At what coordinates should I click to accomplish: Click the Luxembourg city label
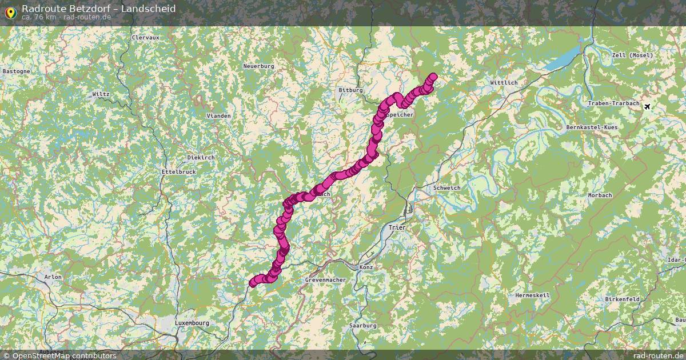192,323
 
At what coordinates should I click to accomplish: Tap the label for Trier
397,227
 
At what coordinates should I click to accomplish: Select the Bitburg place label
350,90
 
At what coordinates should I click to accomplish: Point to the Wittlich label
504,83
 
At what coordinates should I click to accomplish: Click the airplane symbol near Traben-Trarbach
647,106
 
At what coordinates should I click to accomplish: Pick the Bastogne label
16,71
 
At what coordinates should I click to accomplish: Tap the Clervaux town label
145,37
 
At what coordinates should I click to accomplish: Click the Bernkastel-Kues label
592,127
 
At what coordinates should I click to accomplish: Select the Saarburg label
362,325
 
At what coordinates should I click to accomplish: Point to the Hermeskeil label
532,295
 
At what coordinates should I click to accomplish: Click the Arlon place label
53,277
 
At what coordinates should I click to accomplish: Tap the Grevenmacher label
325,280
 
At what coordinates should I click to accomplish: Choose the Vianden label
218,115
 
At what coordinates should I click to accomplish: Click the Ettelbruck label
179,171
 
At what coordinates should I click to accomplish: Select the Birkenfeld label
622,299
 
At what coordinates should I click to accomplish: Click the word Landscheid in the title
149,9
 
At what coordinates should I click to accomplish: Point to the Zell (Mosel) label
631,55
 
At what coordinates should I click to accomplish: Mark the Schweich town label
446,187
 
